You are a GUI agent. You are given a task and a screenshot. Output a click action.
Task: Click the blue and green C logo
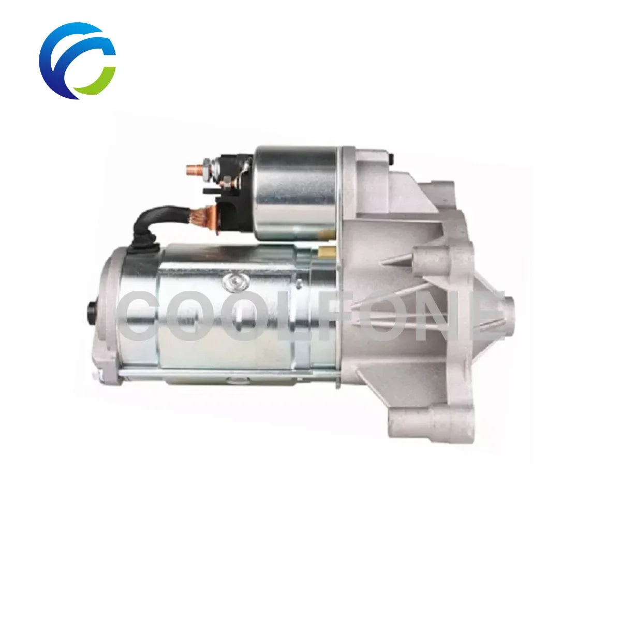(77, 61)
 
